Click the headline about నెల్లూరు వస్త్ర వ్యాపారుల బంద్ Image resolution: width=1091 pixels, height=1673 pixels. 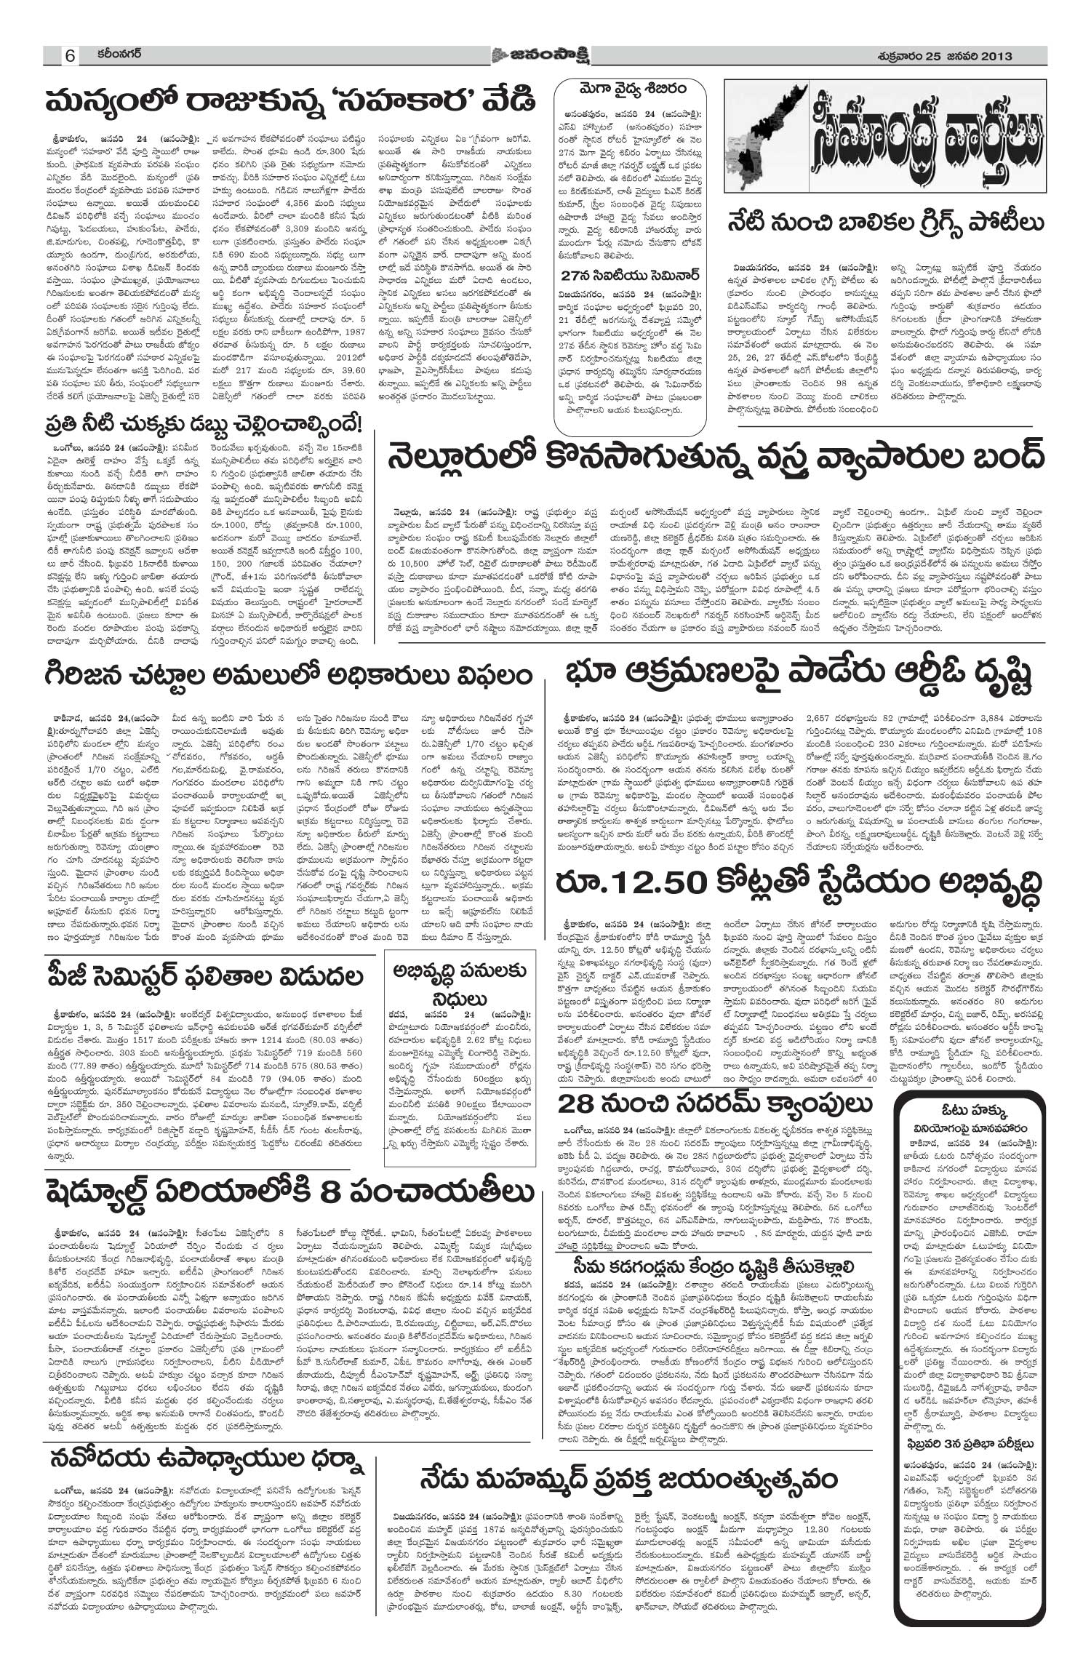coord(717,456)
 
